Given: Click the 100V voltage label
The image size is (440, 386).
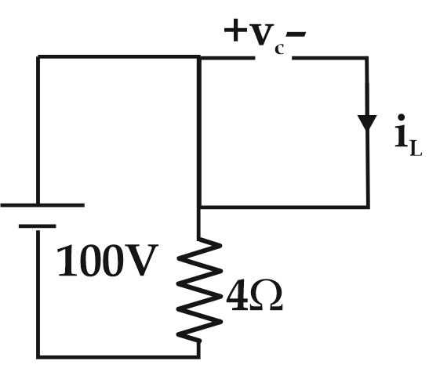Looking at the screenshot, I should (x=107, y=263).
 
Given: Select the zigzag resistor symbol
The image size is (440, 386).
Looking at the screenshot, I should (x=200, y=290).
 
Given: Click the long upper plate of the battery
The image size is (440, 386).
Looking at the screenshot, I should (x=42, y=205).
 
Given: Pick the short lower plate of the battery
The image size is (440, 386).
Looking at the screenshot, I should (x=38, y=225).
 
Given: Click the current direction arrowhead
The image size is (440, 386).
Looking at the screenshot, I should (x=367, y=123).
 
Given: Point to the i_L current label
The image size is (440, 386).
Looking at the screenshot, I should (x=408, y=139).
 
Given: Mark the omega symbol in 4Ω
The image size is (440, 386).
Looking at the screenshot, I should (x=266, y=298).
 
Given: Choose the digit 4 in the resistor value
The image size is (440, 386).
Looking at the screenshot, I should (x=236, y=298).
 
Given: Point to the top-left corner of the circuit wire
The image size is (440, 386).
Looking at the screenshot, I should (x=38, y=57).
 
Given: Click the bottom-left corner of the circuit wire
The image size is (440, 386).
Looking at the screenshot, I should (x=38, y=357).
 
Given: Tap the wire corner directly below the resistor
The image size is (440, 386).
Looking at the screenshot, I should (x=199, y=357).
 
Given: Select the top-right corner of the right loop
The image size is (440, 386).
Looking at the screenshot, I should (x=367, y=58).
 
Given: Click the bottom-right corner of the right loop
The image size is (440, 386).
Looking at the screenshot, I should (x=367, y=207).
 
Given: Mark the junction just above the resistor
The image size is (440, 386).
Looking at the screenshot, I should (x=200, y=207).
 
